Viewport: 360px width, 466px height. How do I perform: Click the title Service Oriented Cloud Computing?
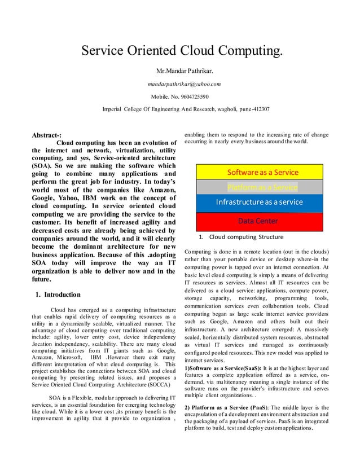[x=181, y=52]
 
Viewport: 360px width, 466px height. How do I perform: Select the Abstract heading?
[x=47, y=135]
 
